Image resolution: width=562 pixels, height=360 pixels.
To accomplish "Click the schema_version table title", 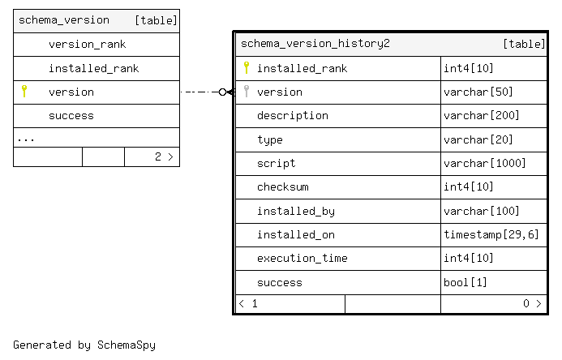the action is tap(64, 20).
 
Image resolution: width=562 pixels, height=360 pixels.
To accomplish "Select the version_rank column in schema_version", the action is tap(87, 45).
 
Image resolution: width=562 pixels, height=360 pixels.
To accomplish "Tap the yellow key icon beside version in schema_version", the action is tap(24, 92).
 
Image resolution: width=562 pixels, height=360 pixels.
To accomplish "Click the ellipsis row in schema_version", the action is tap(26, 139).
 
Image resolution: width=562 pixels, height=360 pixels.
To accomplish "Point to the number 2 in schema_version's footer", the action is tap(158, 156).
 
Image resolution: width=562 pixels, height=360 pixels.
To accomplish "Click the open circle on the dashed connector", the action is tap(222, 92).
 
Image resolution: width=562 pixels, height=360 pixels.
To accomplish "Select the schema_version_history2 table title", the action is tap(315, 44).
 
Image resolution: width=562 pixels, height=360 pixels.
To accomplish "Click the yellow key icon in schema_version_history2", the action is tap(247, 67).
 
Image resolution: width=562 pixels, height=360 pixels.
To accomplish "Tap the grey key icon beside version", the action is tap(247, 92).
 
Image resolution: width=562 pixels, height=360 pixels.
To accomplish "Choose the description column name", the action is tap(293, 116).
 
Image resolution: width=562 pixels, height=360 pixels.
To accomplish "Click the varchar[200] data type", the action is tap(482, 115).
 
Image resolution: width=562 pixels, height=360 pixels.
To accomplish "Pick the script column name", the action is tap(276, 163).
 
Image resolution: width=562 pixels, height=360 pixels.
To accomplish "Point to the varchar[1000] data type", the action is tap(485, 163).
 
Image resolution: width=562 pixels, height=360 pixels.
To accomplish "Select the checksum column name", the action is tap(283, 187).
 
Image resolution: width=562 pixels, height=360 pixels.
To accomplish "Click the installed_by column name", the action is tap(296, 212).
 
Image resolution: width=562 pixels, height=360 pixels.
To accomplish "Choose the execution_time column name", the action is tap(302, 259).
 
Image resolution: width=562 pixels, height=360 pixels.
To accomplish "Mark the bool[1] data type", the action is tap(465, 283).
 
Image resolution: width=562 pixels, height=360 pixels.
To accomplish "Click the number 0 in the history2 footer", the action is tap(526, 304).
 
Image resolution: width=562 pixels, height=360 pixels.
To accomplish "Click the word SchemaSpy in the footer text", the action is tap(127, 345).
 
